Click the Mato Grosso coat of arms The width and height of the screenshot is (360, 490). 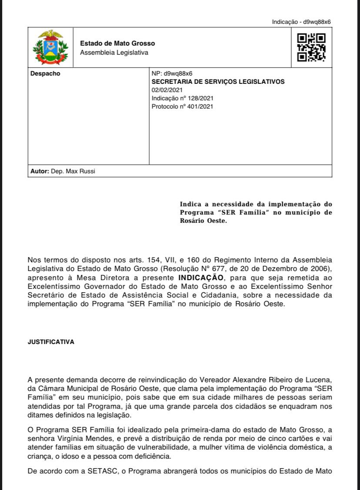click(x=50, y=47)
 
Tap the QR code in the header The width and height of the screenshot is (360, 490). click(x=311, y=47)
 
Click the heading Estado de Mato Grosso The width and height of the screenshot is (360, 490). click(x=117, y=43)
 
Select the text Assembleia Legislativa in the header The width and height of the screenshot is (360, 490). click(x=114, y=53)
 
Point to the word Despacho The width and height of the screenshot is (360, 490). click(x=45, y=73)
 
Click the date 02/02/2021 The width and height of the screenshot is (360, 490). click(x=167, y=90)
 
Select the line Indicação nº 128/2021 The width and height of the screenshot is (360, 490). click(x=182, y=98)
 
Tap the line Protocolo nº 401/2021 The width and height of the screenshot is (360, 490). click(x=182, y=106)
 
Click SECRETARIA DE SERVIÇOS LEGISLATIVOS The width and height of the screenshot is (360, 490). click(x=218, y=82)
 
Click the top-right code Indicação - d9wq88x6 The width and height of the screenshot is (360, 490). click(x=304, y=22)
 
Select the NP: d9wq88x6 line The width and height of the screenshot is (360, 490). click(x=172, y=73)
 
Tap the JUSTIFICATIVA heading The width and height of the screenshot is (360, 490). click(x=51, y=342)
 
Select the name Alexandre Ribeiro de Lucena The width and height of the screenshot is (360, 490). click(x=285, y=380)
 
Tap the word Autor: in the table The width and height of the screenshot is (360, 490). click(x=40, y=171)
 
